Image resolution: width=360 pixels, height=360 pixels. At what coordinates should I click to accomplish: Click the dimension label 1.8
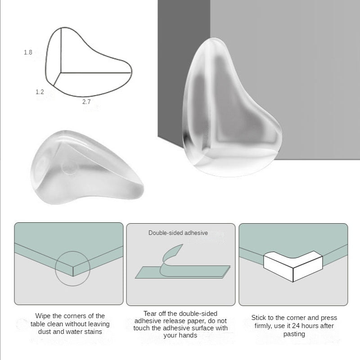[x=28, y=53]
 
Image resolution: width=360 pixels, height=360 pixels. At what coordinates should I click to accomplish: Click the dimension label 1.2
[x=40, y=92]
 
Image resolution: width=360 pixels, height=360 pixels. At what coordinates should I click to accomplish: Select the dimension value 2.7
[x=86, y=102]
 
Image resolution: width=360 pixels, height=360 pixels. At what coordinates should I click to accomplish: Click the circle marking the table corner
[x=72, y=269]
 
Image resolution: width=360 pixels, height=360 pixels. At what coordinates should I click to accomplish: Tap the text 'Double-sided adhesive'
[x=178, y=233]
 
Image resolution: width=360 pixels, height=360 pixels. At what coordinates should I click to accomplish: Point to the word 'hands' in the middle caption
[x=187, y=335]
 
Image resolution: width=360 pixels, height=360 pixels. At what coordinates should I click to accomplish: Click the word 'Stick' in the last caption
[x=260, y=318]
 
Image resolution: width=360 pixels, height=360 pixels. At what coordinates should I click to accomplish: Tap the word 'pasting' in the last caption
[x=294, y=334]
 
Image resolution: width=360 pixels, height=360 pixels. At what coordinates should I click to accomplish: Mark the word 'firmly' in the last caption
[x=265, y=326]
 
